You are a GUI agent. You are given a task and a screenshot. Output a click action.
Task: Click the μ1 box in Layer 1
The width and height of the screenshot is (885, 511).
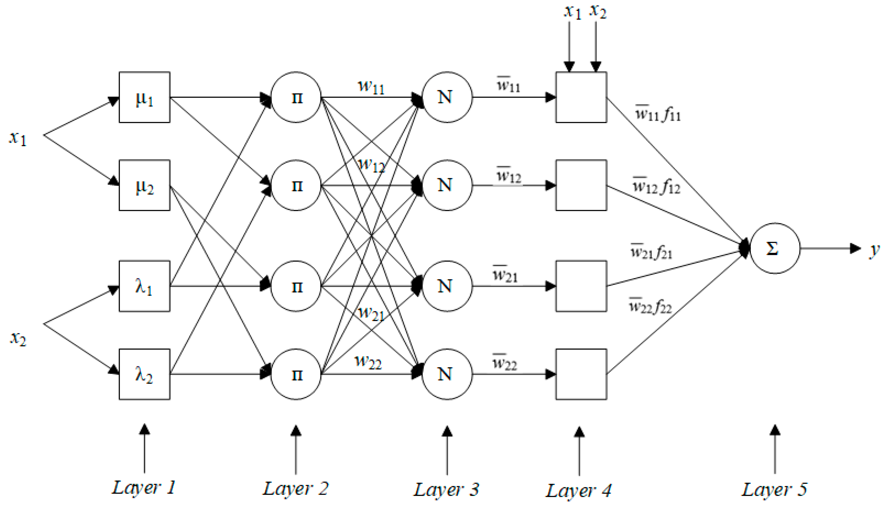[x=144, y=97]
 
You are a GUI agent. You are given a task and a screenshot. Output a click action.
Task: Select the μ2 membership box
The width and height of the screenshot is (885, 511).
[x=144, y=185]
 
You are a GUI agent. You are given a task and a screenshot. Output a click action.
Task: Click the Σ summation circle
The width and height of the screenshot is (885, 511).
[x=775, y=248]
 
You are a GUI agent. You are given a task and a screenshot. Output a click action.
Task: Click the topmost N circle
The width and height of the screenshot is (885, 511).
[x=447, y=97]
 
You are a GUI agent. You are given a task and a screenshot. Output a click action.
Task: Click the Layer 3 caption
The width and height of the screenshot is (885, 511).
[x=446, y=489]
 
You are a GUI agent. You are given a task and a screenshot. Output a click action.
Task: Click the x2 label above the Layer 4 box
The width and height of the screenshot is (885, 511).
[x=598, y=11]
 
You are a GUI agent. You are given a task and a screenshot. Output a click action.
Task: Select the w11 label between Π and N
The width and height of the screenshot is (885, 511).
[x=371, y=87]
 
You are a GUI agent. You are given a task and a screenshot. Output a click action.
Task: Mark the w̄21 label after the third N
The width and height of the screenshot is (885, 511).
[x=505, y=275]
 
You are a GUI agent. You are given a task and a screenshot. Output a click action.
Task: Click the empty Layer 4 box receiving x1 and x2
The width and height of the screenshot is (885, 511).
[x=581, y=97]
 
